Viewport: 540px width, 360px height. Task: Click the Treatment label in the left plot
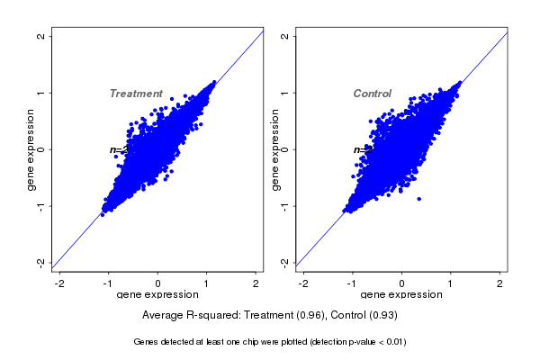tap(136, 94)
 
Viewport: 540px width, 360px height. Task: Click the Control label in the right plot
tap(372, 94)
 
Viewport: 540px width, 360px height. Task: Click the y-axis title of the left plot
tap(31, 149)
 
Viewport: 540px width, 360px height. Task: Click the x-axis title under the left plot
tap(157, 294)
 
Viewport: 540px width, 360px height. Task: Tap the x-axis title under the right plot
tap(401, 294)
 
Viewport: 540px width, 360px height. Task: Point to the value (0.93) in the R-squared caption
tap(382, 316)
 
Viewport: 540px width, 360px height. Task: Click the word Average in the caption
tap(164, 316)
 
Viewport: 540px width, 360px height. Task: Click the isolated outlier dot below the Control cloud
tap(418, 199)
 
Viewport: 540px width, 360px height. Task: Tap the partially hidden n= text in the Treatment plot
tap(115, 149)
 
